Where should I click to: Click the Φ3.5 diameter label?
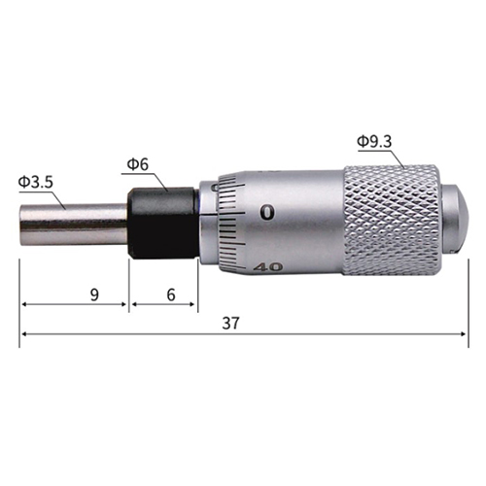tap(36, 183)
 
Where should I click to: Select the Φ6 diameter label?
tap(138, 164)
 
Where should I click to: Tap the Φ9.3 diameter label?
tap(374, 142)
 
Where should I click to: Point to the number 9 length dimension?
tap(94, 295)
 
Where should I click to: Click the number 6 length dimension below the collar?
tap(171, 295)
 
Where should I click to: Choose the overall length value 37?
tap(230, 323)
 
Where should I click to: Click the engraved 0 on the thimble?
tap(267, 213)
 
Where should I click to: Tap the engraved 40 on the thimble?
tap(268, 267)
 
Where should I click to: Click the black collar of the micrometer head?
tap(163, 223)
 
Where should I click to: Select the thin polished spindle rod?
tap(73, 225)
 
